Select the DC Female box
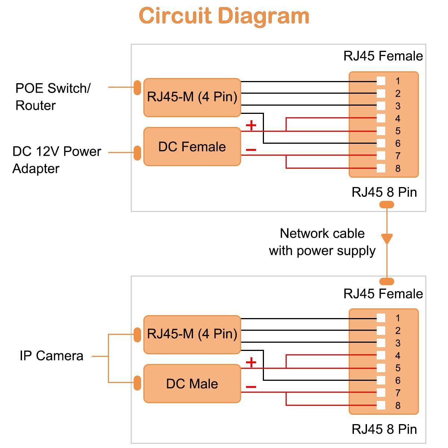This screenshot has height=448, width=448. pyautogui.click(x=192, y=147)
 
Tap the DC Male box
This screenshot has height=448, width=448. pyautogui.click(x=192, y=384)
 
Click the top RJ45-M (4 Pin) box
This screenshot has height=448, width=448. pyautogui.click(x=192, y=97)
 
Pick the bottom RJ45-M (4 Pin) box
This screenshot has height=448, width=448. pyautogui.click(x=192, y=334)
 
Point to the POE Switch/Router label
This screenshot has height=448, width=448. pyautogui.click(x=53, y=97)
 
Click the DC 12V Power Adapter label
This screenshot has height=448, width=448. pyautogui.click(x=56, y=160)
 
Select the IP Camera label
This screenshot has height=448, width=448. pyautogui.click(x=52, y=356)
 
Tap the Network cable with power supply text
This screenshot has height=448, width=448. pyautogui.click(x=322, y=242)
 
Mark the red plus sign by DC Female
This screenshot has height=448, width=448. pyautogui.click(x=251, y=125)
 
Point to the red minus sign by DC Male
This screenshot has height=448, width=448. pyautogui.click(x=251, y=387)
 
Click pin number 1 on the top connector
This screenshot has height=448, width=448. pyautogui.click(x=398, y=81)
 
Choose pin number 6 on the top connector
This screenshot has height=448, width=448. pyautogui.click(x=398, y=143)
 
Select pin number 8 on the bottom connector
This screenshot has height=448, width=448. pyautogui.click(x=398, y=405)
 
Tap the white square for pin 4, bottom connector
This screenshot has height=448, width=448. pyautogui.click(x=381, y=355)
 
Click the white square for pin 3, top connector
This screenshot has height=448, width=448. pyautogui.click(x=381, y=106)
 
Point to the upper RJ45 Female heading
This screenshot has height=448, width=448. pyautogui.click(x=383, y=56)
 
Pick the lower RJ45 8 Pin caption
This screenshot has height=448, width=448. pyautogui.click(x=384, y=429)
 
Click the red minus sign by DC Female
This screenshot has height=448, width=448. pyautogui.click(x=251, y=150)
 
